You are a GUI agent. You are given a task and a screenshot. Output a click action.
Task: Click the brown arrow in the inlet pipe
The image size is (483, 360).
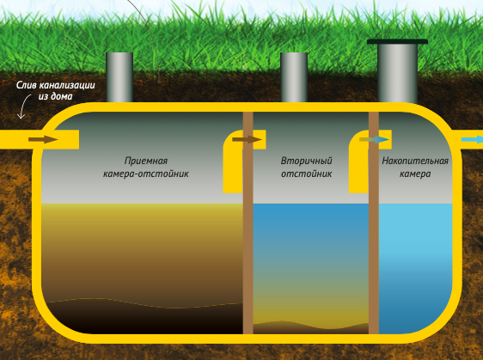point(43,139)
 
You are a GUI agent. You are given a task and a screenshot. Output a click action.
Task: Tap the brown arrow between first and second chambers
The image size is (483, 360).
point(247,139)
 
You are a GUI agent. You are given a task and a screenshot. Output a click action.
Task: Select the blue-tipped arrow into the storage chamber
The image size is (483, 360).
point(374,139)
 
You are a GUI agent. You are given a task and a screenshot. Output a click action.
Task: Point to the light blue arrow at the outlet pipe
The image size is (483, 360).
point(472,139)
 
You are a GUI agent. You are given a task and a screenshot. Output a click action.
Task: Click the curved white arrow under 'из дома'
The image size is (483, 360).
point(24,107)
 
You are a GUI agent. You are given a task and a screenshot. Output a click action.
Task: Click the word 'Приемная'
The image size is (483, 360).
point(146,161)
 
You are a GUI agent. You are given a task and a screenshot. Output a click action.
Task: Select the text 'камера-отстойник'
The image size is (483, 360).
point(146,174)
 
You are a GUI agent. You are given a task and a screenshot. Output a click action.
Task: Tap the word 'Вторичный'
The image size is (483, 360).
point(306,161)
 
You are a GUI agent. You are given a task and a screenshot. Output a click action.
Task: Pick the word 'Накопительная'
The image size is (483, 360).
point(415,161)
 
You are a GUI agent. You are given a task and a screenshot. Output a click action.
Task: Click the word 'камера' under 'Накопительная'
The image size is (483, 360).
point(415,174)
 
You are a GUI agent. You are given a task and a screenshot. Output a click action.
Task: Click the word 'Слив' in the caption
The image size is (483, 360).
point(27,85)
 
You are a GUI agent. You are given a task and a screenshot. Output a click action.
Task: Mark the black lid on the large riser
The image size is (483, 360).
point(397,41)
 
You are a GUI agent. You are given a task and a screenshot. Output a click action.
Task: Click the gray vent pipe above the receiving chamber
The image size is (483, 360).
point(119,77)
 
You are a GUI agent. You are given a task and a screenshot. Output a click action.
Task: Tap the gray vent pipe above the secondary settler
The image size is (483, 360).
point(294,77)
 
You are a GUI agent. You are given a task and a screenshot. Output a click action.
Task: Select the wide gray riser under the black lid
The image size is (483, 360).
point(397,73)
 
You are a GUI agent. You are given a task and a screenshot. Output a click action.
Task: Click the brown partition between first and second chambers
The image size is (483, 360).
point(248,223)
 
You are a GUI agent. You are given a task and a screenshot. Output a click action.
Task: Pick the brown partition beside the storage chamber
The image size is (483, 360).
point(374,223)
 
